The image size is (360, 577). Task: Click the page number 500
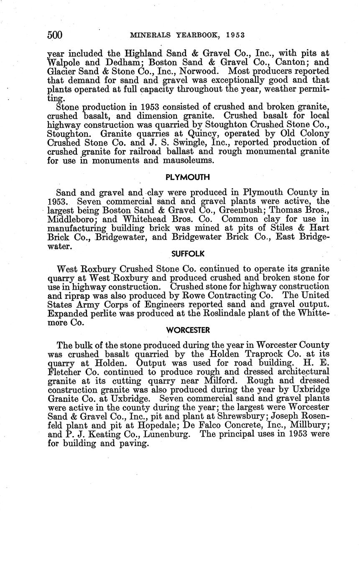coord(55,36)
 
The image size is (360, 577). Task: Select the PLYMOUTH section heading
coord(188,177)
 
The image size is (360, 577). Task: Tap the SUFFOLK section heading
coord(188,254)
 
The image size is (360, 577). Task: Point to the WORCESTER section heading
coord(188,330)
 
